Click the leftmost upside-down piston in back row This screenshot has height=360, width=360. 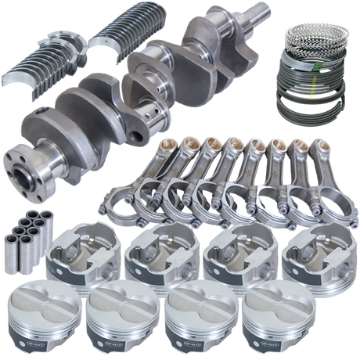(81, 254)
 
